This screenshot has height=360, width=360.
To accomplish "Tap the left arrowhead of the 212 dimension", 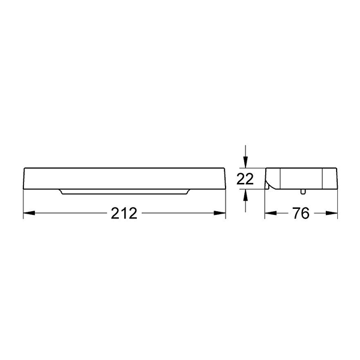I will point(28,213).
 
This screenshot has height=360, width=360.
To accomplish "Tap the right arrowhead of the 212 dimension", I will point(221,213).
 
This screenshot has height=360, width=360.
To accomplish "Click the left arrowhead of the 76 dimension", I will point(269,213).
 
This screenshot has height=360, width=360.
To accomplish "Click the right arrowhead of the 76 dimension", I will point(334,213).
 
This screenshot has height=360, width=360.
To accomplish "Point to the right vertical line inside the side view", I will point(323,178).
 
